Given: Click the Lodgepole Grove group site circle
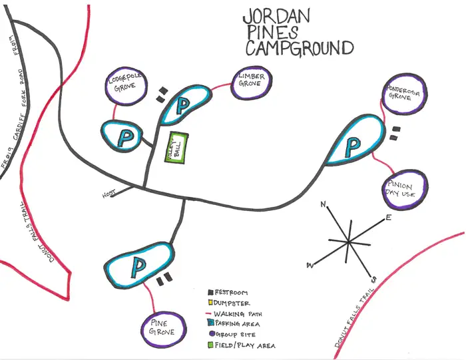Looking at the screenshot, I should [124, 86].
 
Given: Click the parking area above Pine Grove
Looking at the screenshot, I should [138, 266].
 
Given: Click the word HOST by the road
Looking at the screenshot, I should [109, 194].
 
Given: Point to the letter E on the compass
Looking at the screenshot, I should [389, 218].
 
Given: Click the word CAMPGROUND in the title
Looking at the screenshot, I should [299, 48].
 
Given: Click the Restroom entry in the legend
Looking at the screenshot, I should [230, 292].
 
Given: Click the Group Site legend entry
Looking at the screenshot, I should [234, 335].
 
